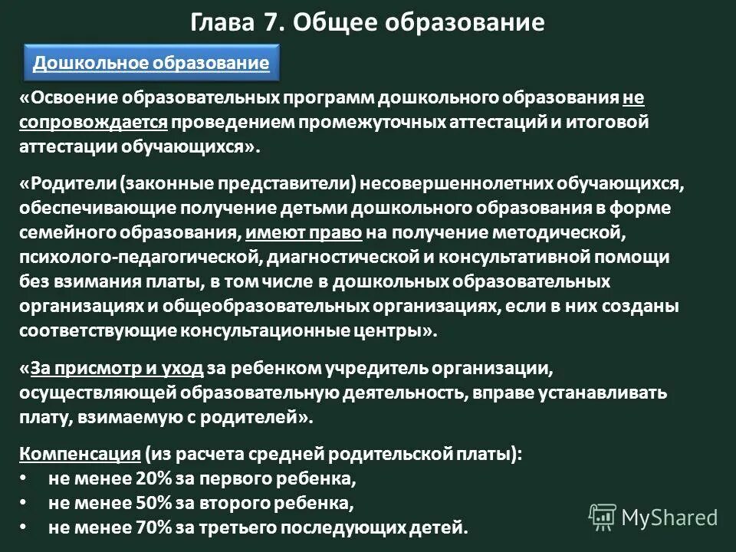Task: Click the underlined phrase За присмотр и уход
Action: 117,369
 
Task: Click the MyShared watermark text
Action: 670,517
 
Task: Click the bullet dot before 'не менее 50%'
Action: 23,504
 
